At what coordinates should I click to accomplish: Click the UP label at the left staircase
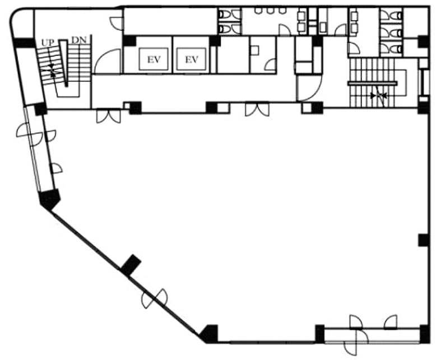[x=48, y=43]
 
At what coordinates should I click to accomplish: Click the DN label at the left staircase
[x=79, y=40]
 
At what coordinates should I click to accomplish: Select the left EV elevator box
[x=154, y=59]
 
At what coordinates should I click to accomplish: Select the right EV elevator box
[x=192, y=59]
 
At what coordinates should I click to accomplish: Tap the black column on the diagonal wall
[x=131, y=264]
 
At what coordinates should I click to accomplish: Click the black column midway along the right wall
[x=423, y=240]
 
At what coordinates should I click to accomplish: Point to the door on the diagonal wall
[x=155, y=298]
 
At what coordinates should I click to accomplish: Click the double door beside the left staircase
[x=109, y=116]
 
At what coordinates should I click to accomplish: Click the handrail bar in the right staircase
[x=373, y=83]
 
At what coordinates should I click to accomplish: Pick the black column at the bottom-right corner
[x=424, y=334]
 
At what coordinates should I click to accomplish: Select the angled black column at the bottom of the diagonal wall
[x=209, y=334]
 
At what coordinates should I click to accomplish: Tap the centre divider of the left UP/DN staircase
[x=64, y=63]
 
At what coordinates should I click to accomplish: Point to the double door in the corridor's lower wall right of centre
[x=257, y=109]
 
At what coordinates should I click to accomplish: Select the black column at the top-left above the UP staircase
[x=24, y=43]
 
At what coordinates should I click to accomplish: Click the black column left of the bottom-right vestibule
[x=320, y=334]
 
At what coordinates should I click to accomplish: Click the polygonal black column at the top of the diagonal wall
[x=50, y=199]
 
